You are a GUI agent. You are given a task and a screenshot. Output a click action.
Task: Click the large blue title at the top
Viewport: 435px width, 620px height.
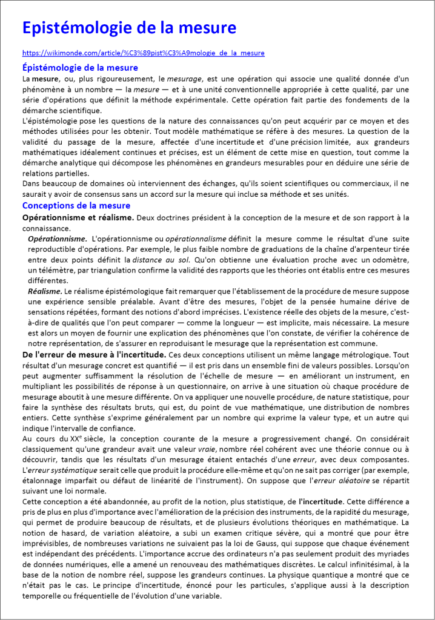pyautogui.click(x=129, y=28)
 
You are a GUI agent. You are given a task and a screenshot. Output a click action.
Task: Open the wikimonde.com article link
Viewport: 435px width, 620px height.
pyautogui.click(x=144, y=53)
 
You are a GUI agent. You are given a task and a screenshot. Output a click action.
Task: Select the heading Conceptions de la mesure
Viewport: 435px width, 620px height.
pyautogui.click(x=76, y=206)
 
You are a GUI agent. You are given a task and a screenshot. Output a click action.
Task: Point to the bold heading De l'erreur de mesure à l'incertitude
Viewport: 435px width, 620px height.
pyautogui.click(x=94, y=354)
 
